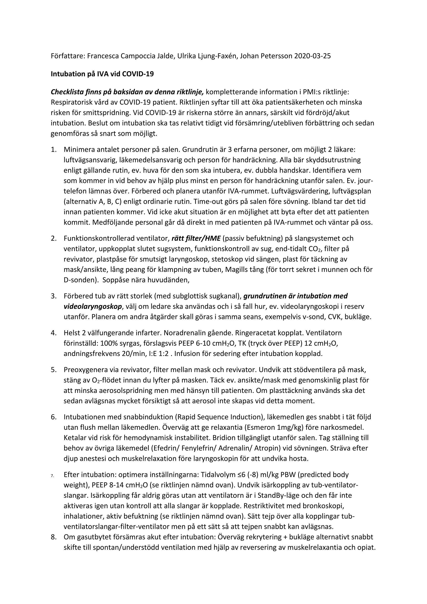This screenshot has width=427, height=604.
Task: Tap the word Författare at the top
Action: (66, 56)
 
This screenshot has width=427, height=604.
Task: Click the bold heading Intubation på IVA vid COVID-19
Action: (102, 74)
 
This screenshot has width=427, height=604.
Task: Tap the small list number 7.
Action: (53, 475)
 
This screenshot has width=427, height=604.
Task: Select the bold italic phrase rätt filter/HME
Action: (196, 238)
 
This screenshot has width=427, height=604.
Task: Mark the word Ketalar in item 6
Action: (75, 438)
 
